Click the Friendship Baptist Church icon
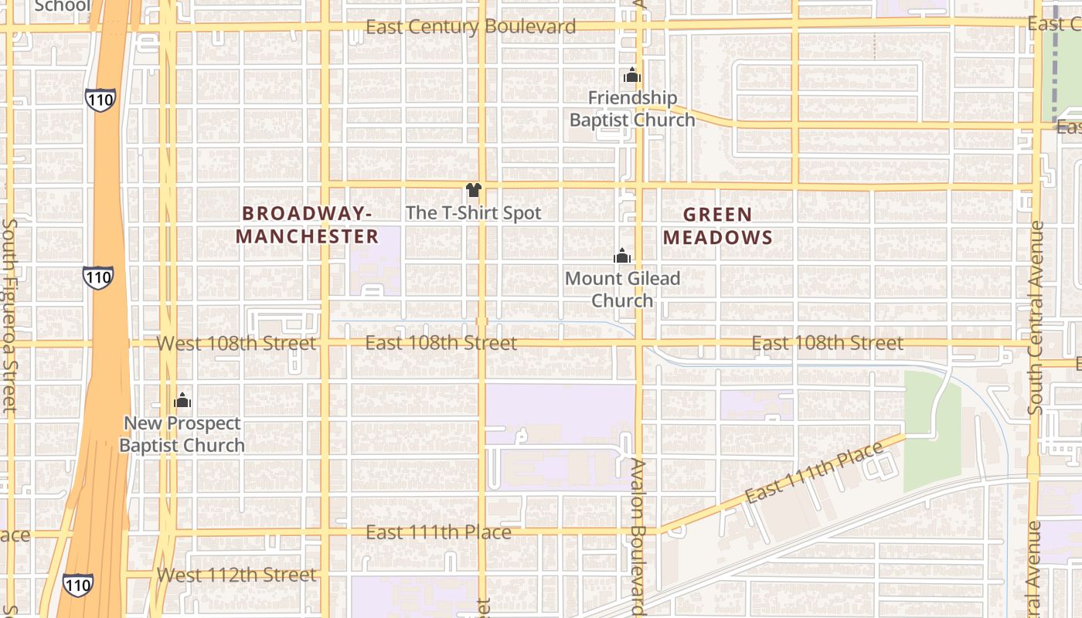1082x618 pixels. [x=632, y=76]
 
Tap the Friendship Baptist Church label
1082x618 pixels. [x=632, y=109]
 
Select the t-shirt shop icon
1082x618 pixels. [x=474, y=190]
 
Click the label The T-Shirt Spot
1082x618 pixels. [x=473, y=212]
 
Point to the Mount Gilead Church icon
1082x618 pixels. [x=622, y=256]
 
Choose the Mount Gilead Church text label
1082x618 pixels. [x=622, y=289]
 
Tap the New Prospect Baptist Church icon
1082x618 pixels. [x=182, y=400]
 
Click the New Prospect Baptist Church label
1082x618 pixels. [x=182, y=434]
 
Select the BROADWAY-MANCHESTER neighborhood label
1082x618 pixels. [x=307, y=225]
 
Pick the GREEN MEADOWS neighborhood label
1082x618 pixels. [x=717, y=226]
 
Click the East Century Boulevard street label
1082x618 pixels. [x=470, y=27]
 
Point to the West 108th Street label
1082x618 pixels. [x=236, y=343]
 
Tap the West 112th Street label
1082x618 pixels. [x=236, y=575]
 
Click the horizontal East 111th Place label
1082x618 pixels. [x=438, y=532]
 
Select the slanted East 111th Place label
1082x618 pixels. [x=814, y=473]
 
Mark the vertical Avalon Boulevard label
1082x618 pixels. [x=638, y=537]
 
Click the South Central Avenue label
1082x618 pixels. [x=1036, y=317]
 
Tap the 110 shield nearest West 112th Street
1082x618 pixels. [x=78, y=584]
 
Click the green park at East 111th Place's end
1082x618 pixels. [x=931, y=433]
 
